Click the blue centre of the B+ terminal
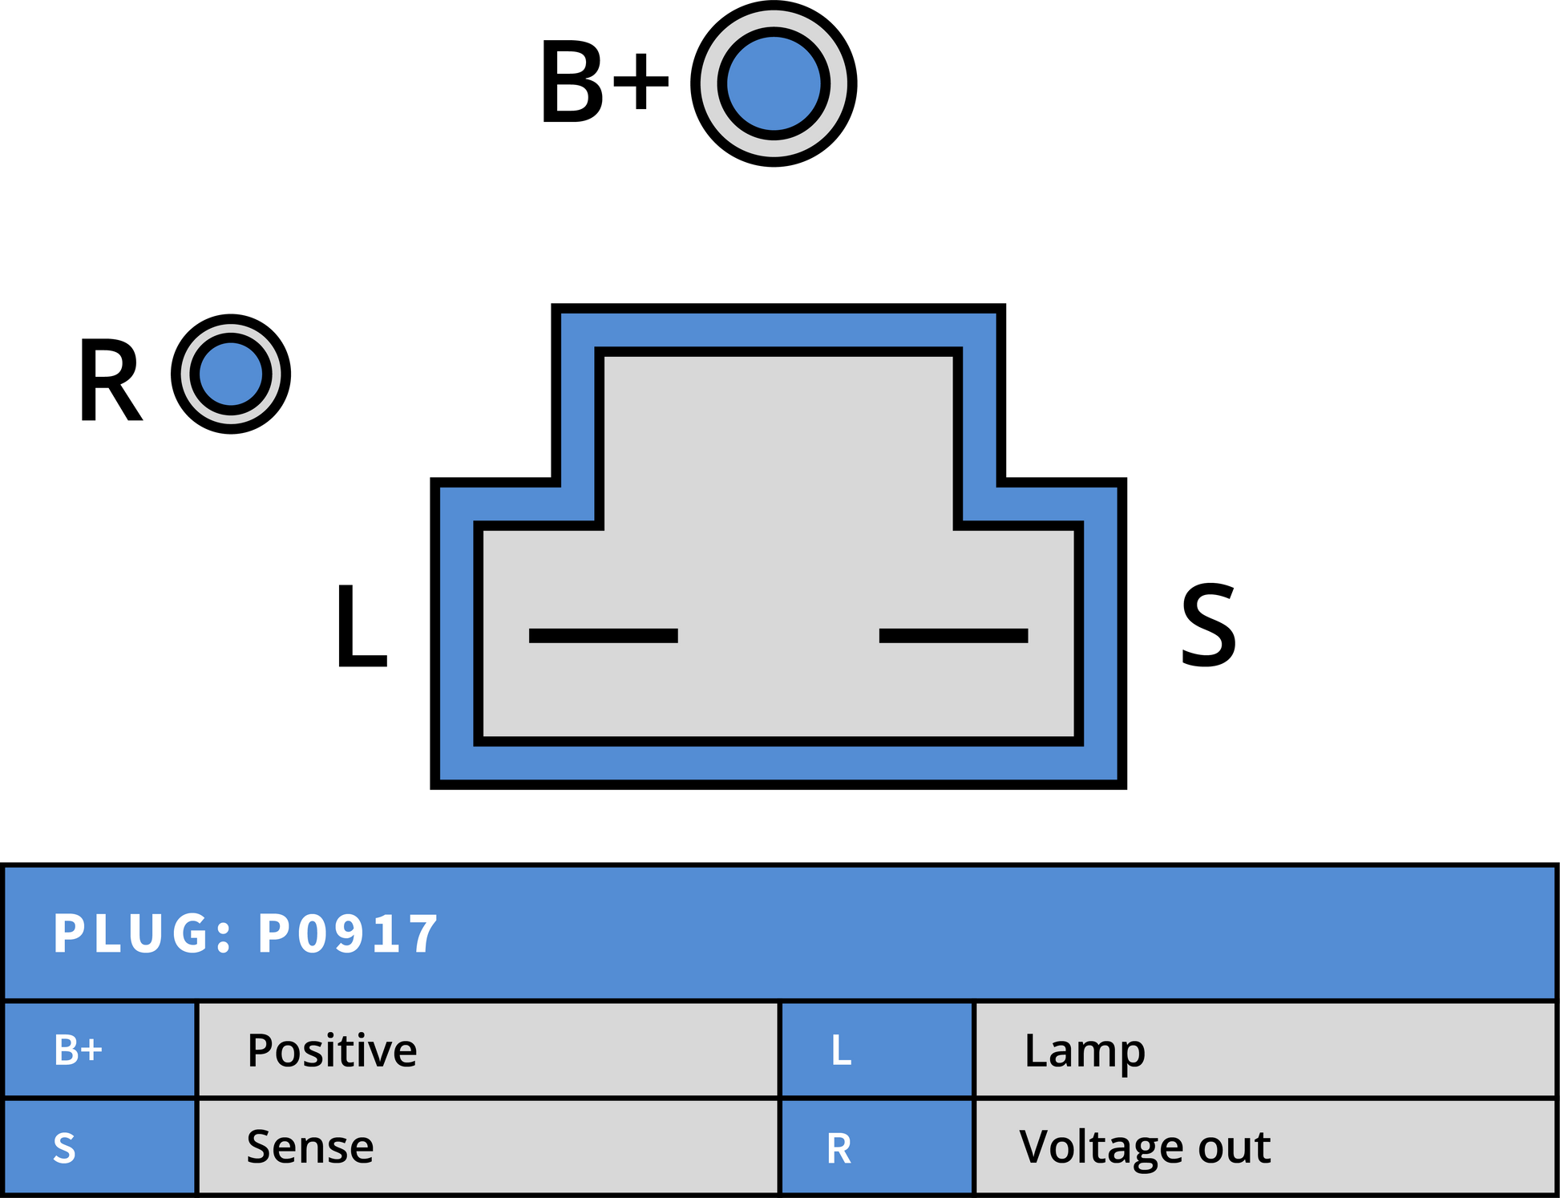[x=774, y=83]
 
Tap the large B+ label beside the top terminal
[x=604, y=83]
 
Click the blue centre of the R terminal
[x=231, y=374]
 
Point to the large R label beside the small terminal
[x=111, y=379]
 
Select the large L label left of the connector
[x=362, y=625]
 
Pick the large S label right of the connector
[x=1209, y=625]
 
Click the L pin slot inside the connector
[x=604, y=636]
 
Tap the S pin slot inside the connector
[x=954, y=636]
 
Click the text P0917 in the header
[x=348, y=933]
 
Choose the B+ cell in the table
[x=100, y=1049]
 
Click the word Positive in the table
[x=332, y=1050]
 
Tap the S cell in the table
[x=100, y=1147]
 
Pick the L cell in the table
[x=877, y=1049]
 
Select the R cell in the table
[x=877, y=1147]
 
